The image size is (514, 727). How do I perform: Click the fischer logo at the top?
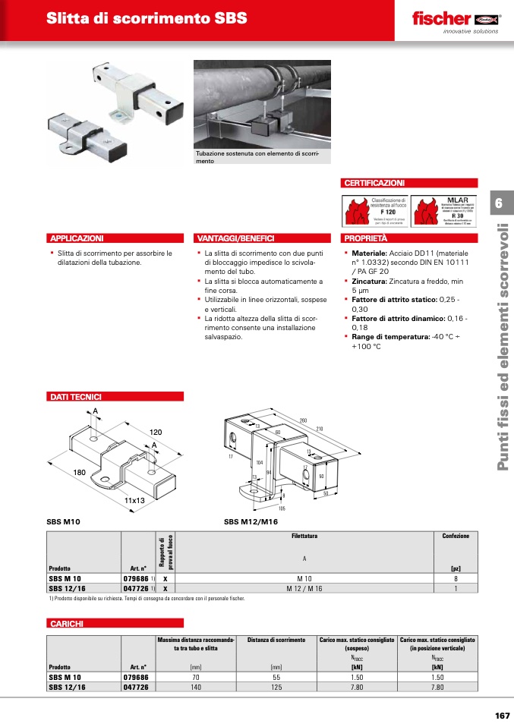(x=454, y=19)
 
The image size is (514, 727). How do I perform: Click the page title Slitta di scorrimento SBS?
(x=147, y=18)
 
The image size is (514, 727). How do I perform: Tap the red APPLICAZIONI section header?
(x=76, y=238)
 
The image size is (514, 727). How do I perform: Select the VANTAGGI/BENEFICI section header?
(x=235, y=238)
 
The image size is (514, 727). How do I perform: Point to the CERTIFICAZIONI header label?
(x=375, y=183)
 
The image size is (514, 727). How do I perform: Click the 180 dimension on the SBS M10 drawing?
(x=79, y=472)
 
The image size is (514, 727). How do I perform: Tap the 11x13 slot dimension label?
(x=134, y=501)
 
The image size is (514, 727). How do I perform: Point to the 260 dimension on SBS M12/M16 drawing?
(x=303, y=420)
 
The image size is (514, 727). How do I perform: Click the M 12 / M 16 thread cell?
(x=304, y=587)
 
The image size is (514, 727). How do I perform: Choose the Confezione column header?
(x=456, y=536)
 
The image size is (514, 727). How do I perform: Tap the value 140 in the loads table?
(x=196, y=687)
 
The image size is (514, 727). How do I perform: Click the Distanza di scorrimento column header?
(x=276, y=640)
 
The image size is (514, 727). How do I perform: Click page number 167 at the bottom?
(x=500, y=716)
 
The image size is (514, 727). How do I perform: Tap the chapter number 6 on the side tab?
(x=499, y=203)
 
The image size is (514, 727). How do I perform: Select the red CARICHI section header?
(x=66, y=623)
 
